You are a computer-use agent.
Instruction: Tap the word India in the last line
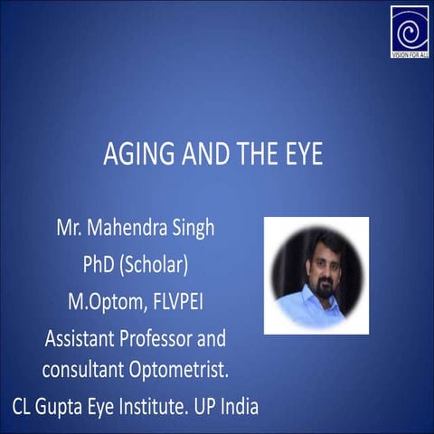pyautogui.click(x=240, y=406)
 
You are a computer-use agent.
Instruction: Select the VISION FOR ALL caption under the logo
pyautogui.click(x=409, y=53)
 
